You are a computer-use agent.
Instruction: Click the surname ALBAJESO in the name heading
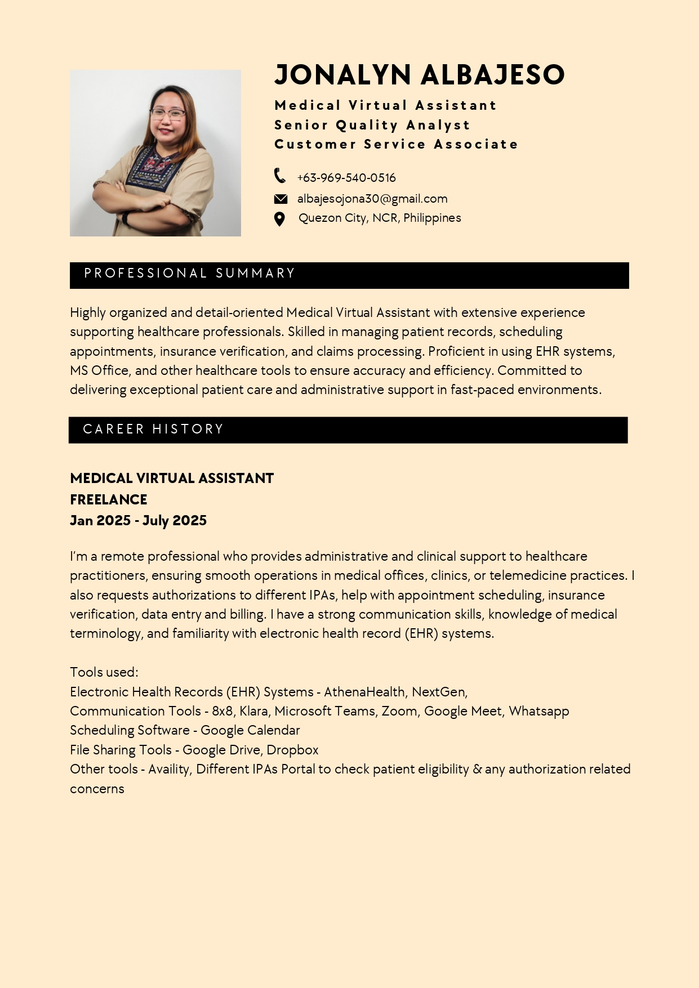click(x=492, y=75)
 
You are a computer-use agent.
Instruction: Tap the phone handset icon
click(x=280, y=176)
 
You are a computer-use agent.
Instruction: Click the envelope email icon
click(x=281, y=199)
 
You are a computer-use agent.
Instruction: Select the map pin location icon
click(x=279, y=219)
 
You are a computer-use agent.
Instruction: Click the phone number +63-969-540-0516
click(x=346, y=178)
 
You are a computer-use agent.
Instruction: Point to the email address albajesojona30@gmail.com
click(x=372, y=199)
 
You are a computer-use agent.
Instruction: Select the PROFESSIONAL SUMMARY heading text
click(x=190, y=274)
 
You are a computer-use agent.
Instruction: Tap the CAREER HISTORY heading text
click(x=153, y=430)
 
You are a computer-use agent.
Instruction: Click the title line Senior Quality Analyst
click(x=372, y=125)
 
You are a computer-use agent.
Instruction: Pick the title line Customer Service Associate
click(x=396, y=145)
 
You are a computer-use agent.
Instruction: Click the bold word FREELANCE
click(x=109, y=499)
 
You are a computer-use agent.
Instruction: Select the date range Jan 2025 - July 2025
click(x=138, y=521)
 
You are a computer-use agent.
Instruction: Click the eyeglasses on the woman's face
click(x=167, y=114)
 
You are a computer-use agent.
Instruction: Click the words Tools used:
click(x=104, y=672)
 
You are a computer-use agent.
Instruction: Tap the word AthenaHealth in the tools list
click(x=364, y=692)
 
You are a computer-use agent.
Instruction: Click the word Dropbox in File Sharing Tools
click(x=292, y=750)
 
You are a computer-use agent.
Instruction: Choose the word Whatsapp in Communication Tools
click(x=539, y=711)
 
